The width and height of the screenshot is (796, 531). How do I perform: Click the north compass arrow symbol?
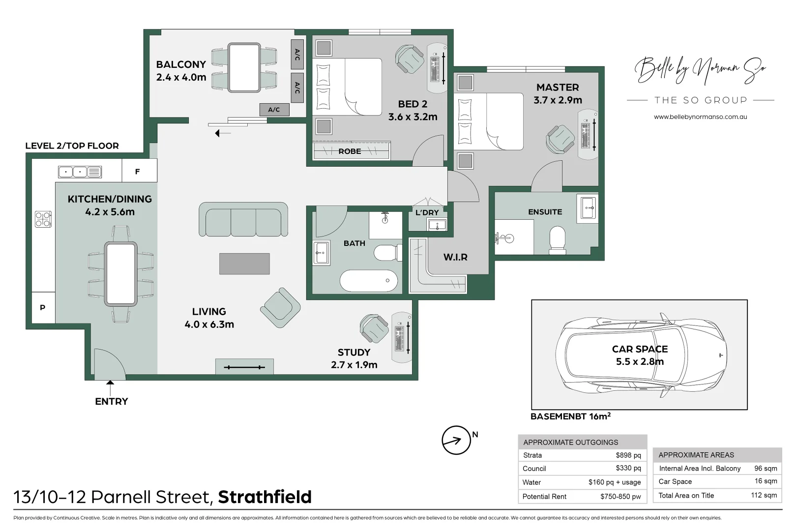456,440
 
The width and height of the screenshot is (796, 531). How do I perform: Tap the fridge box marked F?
138,171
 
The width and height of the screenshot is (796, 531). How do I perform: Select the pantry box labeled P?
43,307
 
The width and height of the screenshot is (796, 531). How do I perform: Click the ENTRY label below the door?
112,401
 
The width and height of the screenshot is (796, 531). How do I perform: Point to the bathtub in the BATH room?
369,281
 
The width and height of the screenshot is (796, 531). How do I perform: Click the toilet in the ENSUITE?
557,239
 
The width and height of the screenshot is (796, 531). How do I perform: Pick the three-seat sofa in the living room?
243,220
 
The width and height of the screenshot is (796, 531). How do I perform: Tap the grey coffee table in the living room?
244,264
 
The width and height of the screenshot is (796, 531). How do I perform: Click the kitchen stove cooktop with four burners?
43,219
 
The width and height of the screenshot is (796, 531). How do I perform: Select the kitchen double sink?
80,172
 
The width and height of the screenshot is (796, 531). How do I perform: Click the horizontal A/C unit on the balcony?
274,110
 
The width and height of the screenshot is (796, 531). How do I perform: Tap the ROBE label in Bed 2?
350,151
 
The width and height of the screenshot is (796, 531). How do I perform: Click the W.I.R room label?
455,257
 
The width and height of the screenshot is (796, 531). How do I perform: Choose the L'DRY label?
427,212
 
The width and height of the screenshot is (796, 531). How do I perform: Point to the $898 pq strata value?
628,455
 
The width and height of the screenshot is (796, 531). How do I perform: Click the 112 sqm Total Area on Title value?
764,495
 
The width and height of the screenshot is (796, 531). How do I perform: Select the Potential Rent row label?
544,497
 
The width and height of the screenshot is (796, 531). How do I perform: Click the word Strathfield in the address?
265,497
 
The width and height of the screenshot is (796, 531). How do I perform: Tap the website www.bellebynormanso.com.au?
700,117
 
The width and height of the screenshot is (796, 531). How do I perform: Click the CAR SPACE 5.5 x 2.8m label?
640,355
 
